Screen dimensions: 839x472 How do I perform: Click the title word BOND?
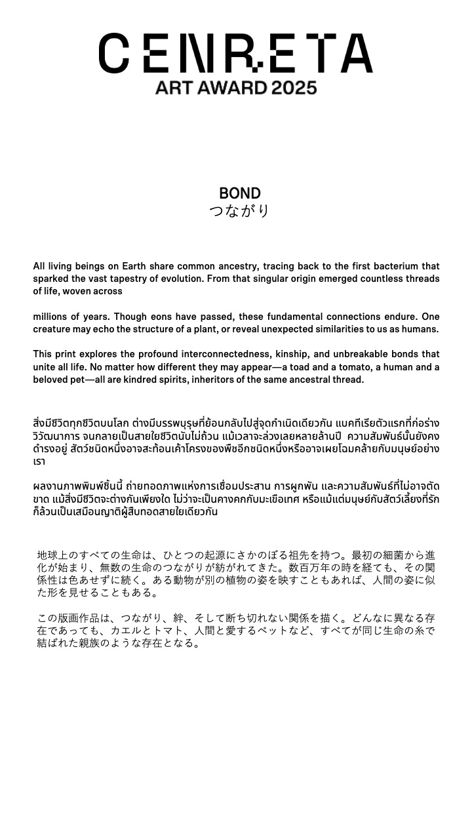coord(240,193)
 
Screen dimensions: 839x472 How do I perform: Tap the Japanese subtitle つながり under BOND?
coord(240,211)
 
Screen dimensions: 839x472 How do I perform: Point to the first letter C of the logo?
coord(114,54)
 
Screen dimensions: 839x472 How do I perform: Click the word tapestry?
coord(138,279)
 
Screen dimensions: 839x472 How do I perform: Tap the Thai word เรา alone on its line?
coord(39,461)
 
